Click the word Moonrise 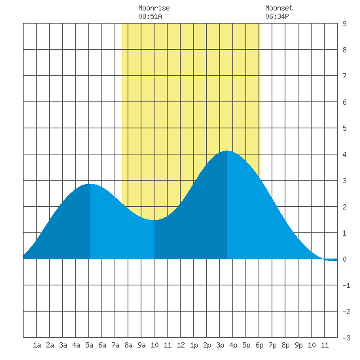(x=154, y=8)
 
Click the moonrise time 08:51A (x=150, y=16)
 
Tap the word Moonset (x=279, y=8)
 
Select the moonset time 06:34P (x=277, y=16)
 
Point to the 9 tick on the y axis (x=344, y=24)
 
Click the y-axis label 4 (x=344, y=154)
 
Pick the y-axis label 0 (x=344, y=259)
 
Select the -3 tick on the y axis (x=346, y=338)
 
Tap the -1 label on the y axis (x=346, y=285)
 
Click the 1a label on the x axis (x=37, y=345)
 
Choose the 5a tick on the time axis (x=89, y=345)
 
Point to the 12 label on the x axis (x=181, y=345)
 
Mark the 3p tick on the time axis (x=220, y=345)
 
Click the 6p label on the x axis (x=259, y=345)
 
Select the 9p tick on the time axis (x=298, y=345)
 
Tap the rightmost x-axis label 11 (x=325, y=345)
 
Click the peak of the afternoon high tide (x=227, y=151)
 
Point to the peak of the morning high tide (x=90, y=184)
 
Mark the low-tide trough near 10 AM (x=154, y=220)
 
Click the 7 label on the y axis (x=344, y=76)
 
